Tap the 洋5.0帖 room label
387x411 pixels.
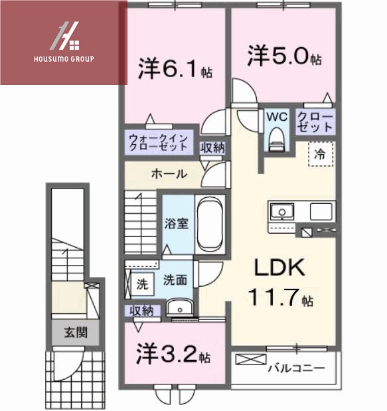[x=284, y=56]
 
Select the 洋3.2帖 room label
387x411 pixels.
[x=174, y=353]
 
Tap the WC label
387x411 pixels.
[x=276, y=116]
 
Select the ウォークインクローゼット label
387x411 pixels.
[x=160, y=142]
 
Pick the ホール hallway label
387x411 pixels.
[x=169, y=175]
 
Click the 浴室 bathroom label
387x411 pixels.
[x=177, y=223]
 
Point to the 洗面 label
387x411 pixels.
[x=176, y=280]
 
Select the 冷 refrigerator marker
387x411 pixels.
[x=320, y=154]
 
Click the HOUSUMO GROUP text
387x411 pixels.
[x=64, y=58]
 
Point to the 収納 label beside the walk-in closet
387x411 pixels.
[x=212, y=147]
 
